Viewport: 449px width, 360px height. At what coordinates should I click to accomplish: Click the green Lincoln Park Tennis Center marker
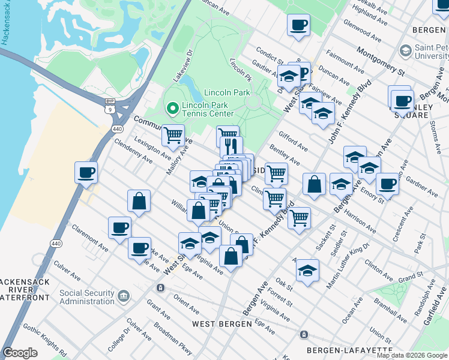click(x=172, y=109)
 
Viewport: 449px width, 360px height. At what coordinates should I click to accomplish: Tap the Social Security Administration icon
click(x=124, y=296)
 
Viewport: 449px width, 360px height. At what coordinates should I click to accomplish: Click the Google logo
click(x=20, y=353)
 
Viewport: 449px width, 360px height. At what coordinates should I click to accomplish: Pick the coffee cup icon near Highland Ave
click(x=298, y=25)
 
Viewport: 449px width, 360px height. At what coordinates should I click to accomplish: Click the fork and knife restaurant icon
click(x=231, y=145)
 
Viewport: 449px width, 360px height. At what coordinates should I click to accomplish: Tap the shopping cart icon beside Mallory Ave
click(x=173, y=135)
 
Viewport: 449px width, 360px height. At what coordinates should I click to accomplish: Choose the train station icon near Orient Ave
click(x=160, y=288)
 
